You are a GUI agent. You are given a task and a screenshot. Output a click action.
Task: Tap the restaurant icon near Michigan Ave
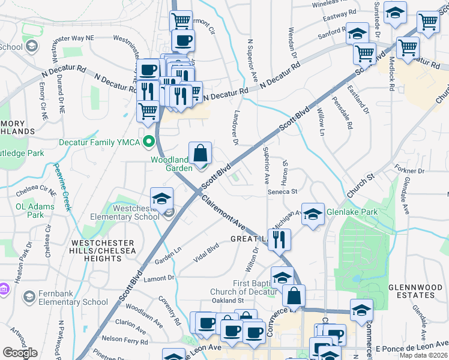[x=280, y=239]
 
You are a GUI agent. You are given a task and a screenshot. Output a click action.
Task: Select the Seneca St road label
[x=283, y=191]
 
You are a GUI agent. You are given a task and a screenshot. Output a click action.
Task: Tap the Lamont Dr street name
[x=158, y=278]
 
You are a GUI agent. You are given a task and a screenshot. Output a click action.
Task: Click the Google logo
[x=20, y=353]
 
